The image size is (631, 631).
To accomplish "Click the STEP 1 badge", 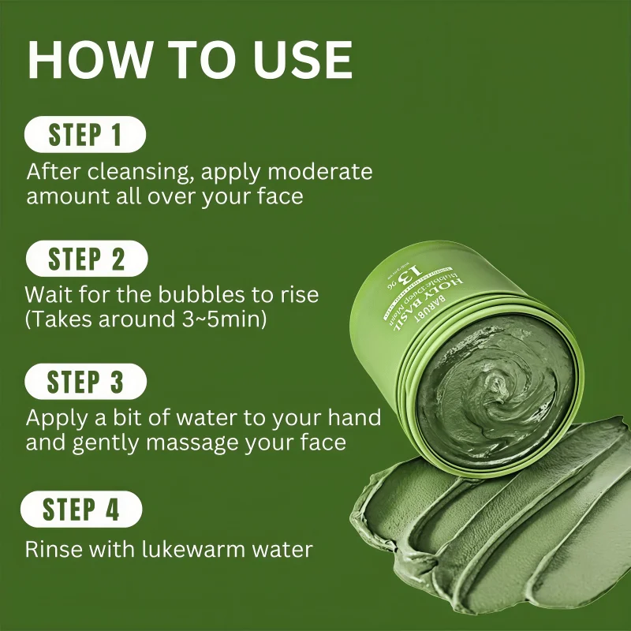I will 85,135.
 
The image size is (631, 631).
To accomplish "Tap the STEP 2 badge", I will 86,259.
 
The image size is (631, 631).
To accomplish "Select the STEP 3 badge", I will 86,383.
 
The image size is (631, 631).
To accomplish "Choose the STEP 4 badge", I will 81,509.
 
